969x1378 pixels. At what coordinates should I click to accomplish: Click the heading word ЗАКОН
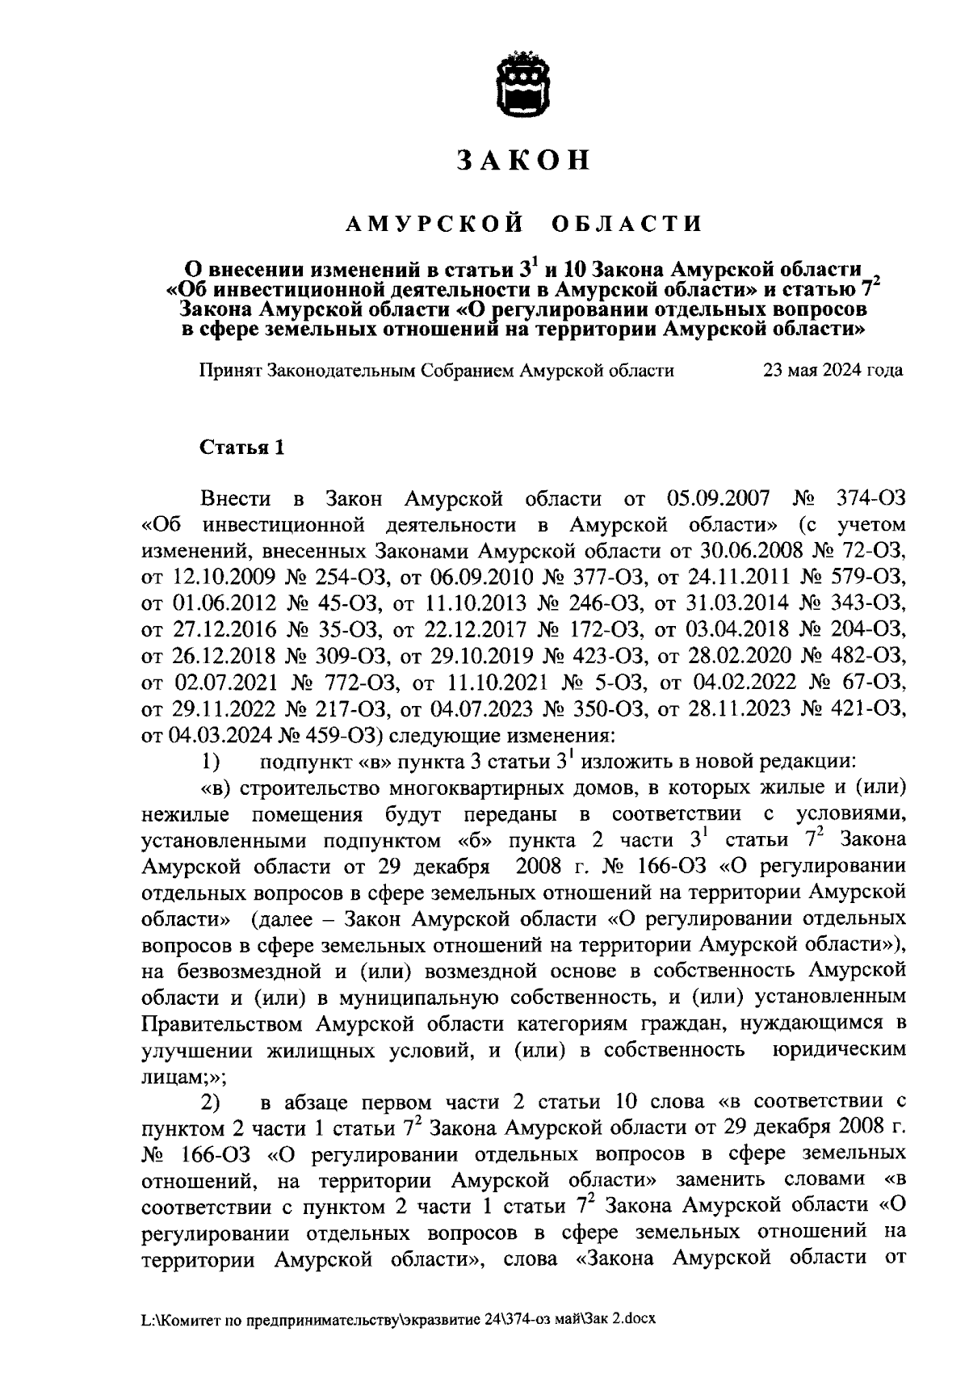coord(523,161)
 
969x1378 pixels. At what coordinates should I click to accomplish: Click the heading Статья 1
coord(241,447)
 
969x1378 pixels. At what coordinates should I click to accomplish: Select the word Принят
coord(229,371)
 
